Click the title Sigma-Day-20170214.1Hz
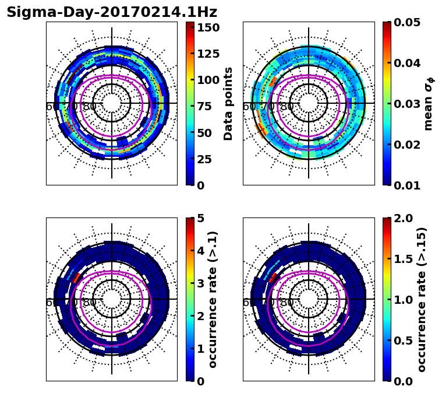coord(112,12)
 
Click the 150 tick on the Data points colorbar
coord(208,27)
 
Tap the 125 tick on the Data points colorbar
coord(208,54)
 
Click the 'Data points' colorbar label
coord(228,103)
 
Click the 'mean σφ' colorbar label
coord(427,104)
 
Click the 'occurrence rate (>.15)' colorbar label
coord(422,300)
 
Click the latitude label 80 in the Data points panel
coord(90,107)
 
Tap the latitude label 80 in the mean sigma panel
coord(287,107)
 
